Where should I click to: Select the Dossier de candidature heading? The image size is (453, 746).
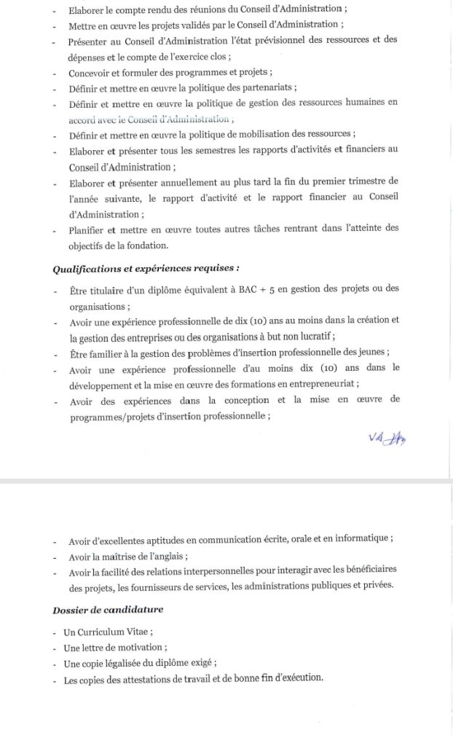point(108,609)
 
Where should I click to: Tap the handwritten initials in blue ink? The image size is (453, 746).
point(387,437)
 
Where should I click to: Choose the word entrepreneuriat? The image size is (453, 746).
point(322,384)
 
